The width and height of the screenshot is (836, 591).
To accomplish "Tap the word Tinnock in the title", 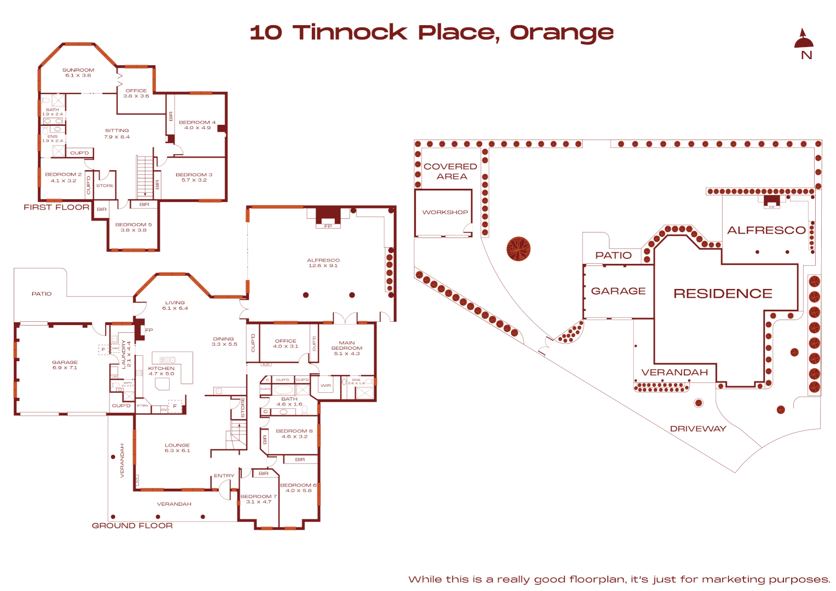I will coord(350,33).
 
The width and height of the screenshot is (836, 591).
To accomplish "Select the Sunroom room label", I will coord(78,73).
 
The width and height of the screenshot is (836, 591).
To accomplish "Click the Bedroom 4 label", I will coord(197,125).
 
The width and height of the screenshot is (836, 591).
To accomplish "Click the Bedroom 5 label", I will coord(133,227).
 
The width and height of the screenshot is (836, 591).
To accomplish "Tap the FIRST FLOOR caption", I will coord(56,207).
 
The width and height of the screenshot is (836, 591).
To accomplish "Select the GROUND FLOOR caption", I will coord(132,526).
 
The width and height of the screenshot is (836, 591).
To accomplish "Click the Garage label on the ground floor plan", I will coord(65,365).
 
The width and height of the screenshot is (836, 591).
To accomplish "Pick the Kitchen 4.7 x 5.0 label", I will coord(161,371).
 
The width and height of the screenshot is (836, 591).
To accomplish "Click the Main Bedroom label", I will coord(347,348).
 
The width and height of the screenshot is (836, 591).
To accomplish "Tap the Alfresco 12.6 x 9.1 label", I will coord(323,263).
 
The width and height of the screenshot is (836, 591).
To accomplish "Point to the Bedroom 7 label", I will coord(259,499).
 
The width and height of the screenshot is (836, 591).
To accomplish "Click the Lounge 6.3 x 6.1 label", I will coord(177,448).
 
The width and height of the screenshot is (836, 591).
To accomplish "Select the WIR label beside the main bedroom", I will coord(326,386).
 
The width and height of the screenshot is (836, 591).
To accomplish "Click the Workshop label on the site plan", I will coord(445,212).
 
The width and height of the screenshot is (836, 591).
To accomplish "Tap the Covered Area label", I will coord(450,171).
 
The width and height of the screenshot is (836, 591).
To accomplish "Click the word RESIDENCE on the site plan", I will coord(723,294).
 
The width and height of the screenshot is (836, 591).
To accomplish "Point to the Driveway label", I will coord(698,429).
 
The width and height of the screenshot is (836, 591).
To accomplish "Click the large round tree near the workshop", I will coord(518,249).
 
